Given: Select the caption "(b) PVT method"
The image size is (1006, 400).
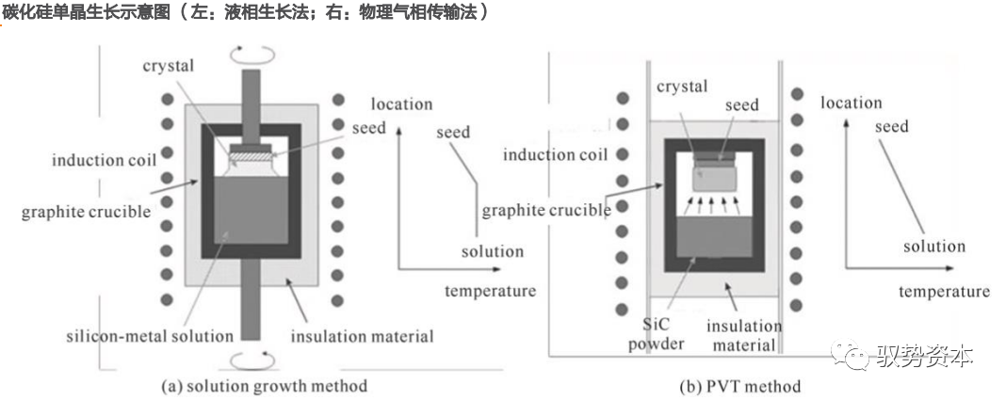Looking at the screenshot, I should pos(739,387).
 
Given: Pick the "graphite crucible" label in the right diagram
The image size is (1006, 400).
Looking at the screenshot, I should pos(546,210).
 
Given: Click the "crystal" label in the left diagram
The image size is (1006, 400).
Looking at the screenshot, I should pos(169,66).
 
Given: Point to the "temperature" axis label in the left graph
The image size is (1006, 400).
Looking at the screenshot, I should pos(490,291).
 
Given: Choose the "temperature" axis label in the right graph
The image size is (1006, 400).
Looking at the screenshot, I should pos(944,291).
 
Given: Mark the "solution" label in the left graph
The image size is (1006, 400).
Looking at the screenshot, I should pos(492,251).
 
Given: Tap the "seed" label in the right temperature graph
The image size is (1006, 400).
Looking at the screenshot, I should pos(891,126).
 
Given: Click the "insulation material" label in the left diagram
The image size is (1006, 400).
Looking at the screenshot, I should pos(362,336).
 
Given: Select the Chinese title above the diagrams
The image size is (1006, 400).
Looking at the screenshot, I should pos(245,13).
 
